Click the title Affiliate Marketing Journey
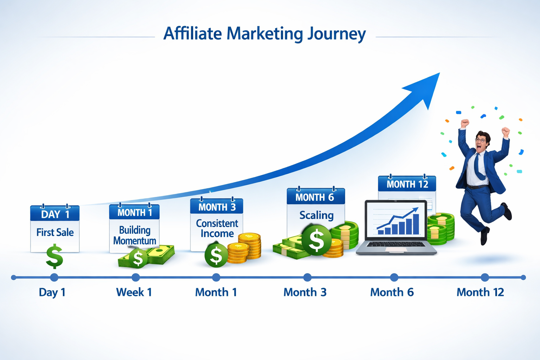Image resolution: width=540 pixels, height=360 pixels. [264, 34]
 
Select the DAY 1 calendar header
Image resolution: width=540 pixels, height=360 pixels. [55, 214]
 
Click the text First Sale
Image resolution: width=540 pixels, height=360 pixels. [55, 232]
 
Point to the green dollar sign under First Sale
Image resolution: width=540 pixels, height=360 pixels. [54, 257]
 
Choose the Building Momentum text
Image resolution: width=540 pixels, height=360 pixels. [135, 235]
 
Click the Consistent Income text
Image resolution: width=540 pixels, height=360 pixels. [217, 228]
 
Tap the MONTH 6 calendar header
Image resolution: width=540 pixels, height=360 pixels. [315, 197]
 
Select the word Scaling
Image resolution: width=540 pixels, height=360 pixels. [316, 215]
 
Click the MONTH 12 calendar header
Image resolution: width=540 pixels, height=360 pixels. [407, 184]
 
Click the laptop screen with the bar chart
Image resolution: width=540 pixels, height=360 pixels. [396, 219]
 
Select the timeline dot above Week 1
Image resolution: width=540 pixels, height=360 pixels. [136, 277]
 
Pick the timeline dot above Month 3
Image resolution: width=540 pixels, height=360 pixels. [307, 277]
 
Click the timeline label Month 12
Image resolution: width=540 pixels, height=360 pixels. [480, 292]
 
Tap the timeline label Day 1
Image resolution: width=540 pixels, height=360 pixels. [52, 292]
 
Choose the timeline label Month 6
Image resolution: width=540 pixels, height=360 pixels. [392, 292]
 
